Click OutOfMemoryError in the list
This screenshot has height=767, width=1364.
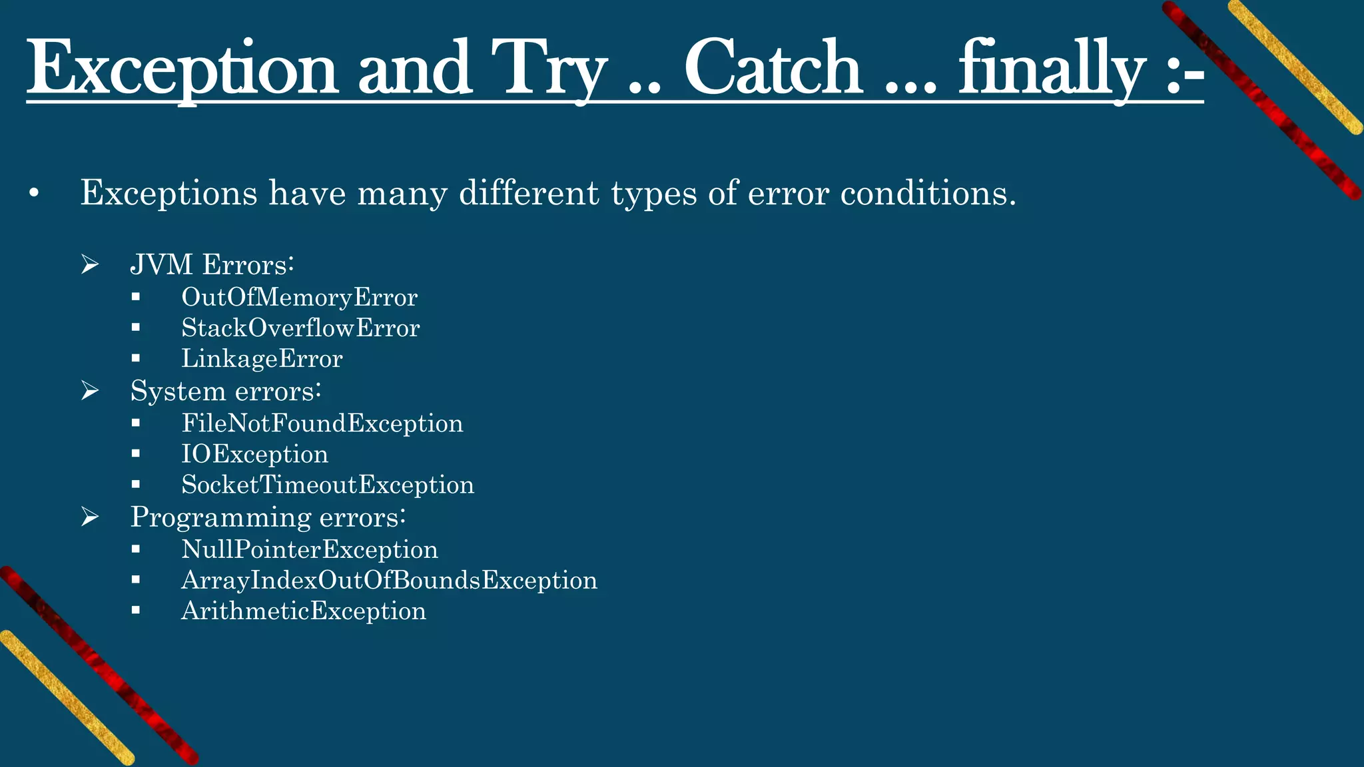[299, 297]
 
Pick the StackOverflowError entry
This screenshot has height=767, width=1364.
[300, 328]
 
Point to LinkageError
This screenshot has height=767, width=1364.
[262, 359]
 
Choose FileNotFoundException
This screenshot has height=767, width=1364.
[322, 423]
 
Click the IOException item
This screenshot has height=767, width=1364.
[254, 454]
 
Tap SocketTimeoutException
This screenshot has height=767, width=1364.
[328, 485]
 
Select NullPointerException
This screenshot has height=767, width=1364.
[310, 549]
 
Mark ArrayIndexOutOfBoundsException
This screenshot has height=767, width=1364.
[389, 580]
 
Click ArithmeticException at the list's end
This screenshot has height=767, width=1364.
[304, 611]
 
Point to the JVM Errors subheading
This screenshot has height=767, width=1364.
[212, 264]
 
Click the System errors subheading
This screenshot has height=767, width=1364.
[226, 391]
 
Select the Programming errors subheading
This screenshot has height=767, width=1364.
[268, 517]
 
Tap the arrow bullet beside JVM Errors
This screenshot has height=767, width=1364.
[90, 265]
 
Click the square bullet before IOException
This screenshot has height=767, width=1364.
[136, 454]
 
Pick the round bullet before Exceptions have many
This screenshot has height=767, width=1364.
[34, 194]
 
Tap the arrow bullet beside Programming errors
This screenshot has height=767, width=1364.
[90, 517]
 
